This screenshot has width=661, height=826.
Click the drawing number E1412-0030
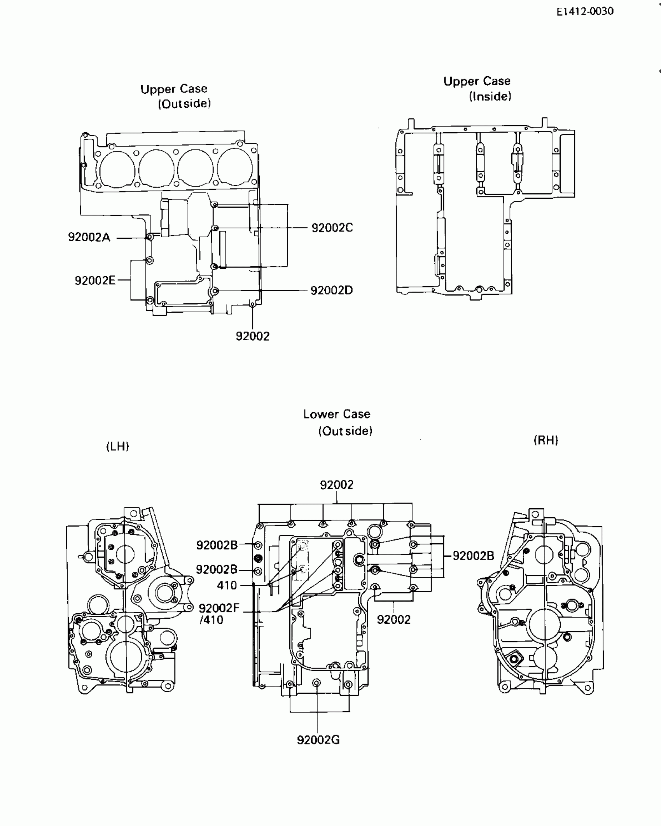tap(585, 11)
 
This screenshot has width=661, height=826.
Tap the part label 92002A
tap(89, 237)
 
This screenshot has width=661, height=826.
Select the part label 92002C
tap(332, 228)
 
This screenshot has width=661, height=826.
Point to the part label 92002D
tap(331, 290)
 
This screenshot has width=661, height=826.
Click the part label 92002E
tap(95, 280)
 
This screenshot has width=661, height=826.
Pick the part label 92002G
tap(318, 740)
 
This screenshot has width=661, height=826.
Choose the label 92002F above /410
tap(219, 608)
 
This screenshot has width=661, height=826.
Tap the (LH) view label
tap(117, 446)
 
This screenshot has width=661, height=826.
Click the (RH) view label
tap(546, 440)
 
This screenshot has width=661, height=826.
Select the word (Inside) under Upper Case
tap(490, 96)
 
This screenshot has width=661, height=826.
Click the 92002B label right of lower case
tap(473, 556)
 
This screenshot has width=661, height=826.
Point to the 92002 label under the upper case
tap(252, 336)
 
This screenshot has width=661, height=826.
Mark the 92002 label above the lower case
tap(337, 485)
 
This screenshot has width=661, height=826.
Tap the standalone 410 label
tap(227, 585)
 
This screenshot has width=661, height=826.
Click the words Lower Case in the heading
tap(337, 414)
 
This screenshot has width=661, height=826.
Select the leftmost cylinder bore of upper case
tap(117, 169)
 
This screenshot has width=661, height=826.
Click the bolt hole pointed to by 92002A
tap(150, 237)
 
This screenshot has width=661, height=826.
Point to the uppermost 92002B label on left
tap(217, 545)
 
